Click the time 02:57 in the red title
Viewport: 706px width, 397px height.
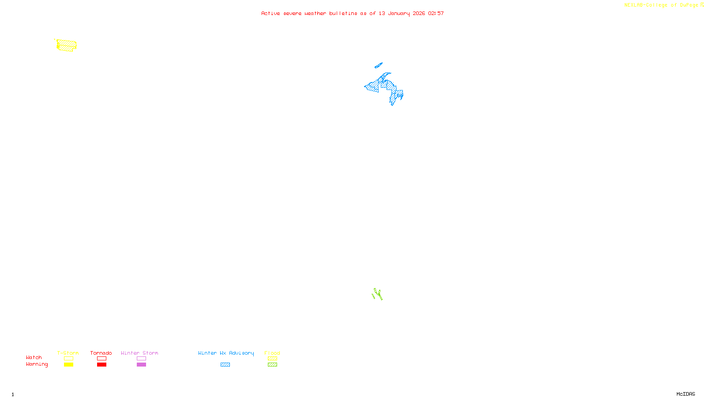(436, 13)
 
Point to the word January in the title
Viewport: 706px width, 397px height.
(399, 13)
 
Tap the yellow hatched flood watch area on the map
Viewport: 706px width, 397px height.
(67, 45)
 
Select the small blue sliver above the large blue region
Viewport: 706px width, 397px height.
(378, 66)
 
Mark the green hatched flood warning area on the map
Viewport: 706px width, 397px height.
(378, 294)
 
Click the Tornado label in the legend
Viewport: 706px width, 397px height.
(101, 353)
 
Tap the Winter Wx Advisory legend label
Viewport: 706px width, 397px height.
(226, 353)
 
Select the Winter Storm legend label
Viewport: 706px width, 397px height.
(139, 353)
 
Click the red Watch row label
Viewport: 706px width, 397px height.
(34, 357)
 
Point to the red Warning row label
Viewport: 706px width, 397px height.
(37, 364)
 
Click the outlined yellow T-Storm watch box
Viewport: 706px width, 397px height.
(68, 359)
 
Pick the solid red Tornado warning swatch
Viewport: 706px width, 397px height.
(101, 365)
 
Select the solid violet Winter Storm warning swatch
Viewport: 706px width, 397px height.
(141, 365)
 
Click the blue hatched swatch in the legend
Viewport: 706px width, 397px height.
(225, 365)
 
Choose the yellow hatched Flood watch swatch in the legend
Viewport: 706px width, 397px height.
(272, 359)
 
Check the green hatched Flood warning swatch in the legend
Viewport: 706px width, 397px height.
(272, 365)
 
